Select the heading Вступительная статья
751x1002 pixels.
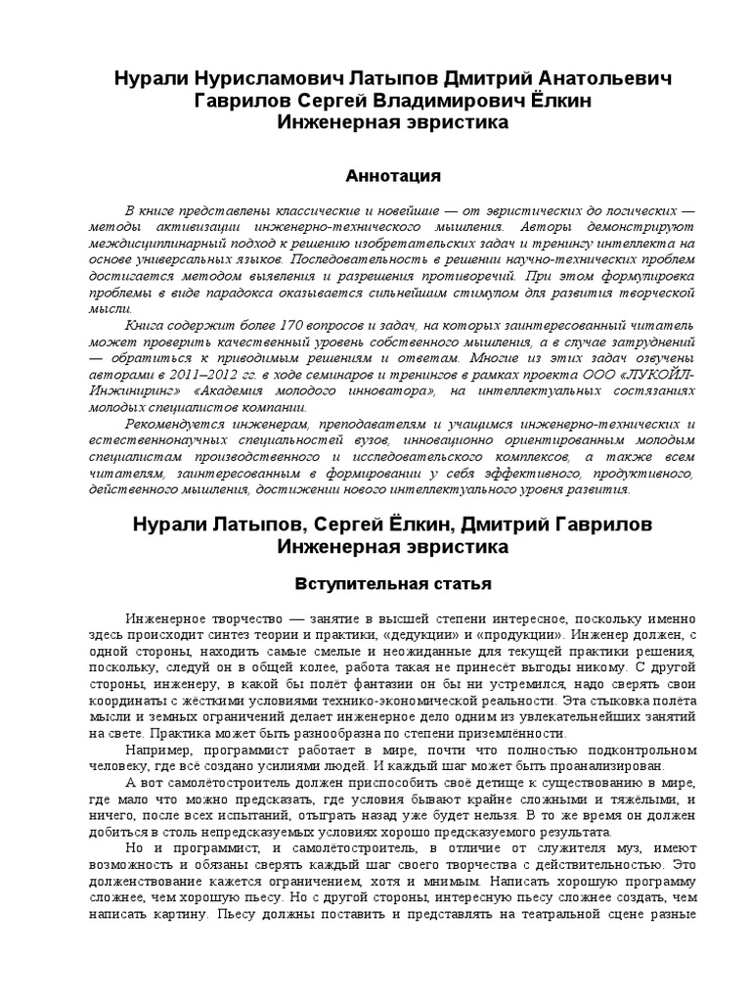(x=394, y=583)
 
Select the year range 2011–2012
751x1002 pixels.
(x=208, y=375)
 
